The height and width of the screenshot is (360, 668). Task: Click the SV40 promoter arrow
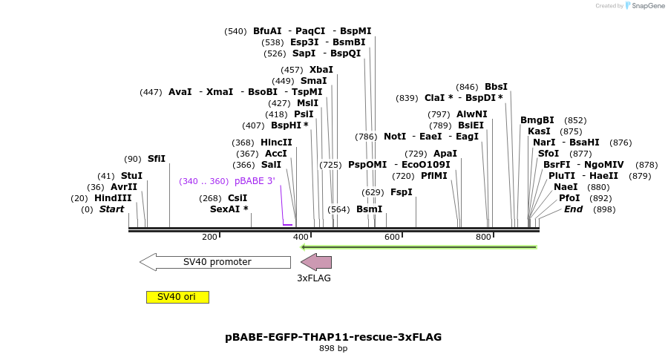tap(215, 262)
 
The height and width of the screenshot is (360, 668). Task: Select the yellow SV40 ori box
tap(177, 297)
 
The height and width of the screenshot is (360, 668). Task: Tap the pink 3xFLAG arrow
tap(316, 262)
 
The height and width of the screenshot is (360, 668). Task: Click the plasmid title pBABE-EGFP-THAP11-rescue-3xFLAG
tap(333, 337)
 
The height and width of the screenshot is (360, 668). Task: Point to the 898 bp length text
tap(333, 348)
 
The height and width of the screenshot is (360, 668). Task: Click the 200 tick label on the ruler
tap(209, 237)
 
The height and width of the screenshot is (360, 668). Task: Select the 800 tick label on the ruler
tap(483, 237)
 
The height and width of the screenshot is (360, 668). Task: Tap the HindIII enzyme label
tap(113, 198)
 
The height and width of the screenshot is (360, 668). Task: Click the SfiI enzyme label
tap(157, 159)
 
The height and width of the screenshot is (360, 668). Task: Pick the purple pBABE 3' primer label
tap(255, 181)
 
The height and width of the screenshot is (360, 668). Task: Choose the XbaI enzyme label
tap(321, 70)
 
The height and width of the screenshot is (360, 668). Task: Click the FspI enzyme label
tap(401, 192)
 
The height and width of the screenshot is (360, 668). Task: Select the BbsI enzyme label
tap(496, 87)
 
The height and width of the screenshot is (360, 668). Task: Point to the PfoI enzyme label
tap(569, 198)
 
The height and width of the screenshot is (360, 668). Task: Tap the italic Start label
tap(111, 209)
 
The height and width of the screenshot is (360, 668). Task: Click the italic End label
tap(573, 209)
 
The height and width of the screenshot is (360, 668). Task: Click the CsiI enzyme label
tap(238, 198)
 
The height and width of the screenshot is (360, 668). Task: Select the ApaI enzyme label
tap(445, 154)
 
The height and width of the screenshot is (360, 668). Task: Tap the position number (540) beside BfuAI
tap(235, 31)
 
